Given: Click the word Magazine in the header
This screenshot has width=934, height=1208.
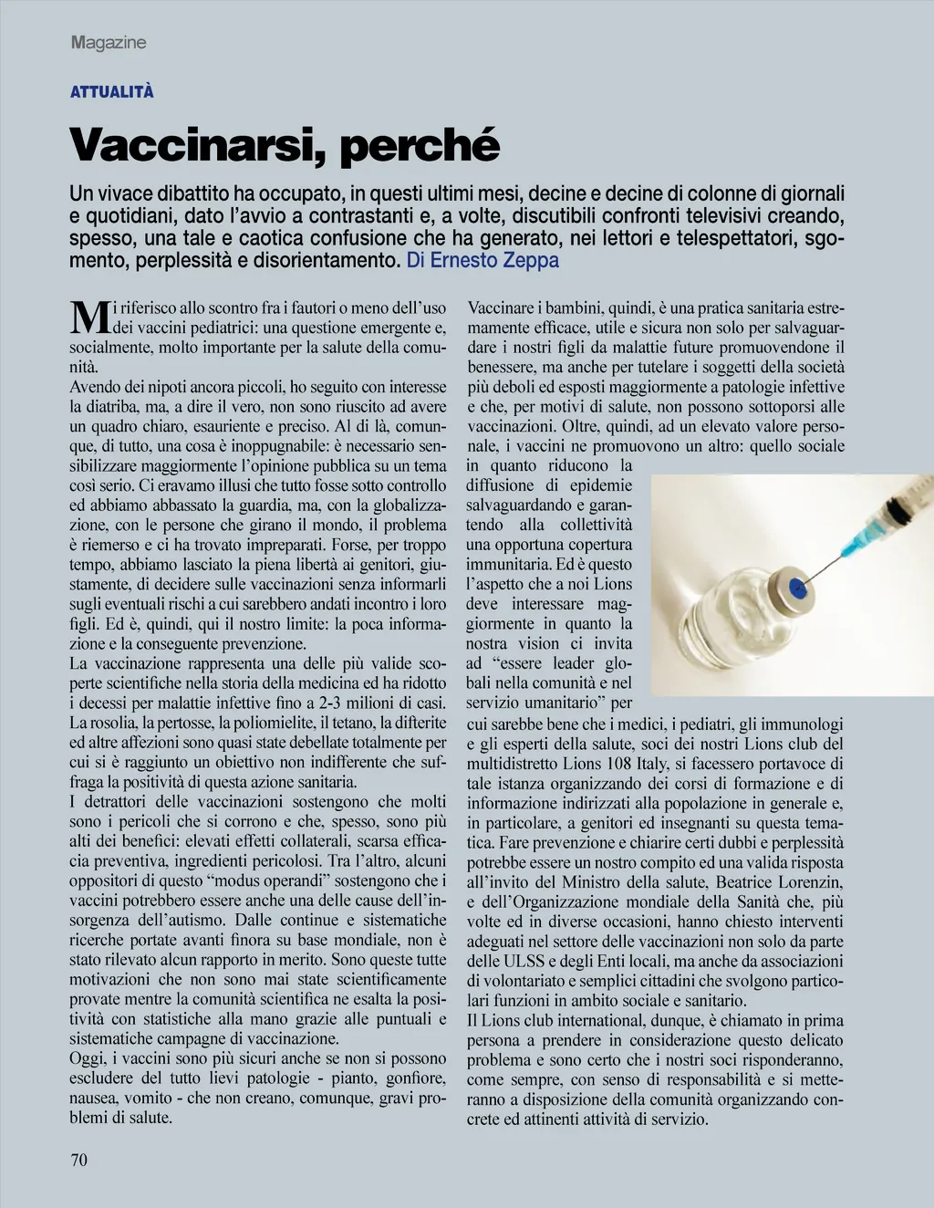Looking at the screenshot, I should click(x=109, y=43).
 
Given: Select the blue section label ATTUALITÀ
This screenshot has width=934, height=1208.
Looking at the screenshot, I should click(x=112, y=92).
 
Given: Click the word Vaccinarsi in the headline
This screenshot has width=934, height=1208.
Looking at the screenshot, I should click(x=187, y=145).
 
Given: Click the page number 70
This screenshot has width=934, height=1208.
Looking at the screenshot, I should click(x=78, y=1160).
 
